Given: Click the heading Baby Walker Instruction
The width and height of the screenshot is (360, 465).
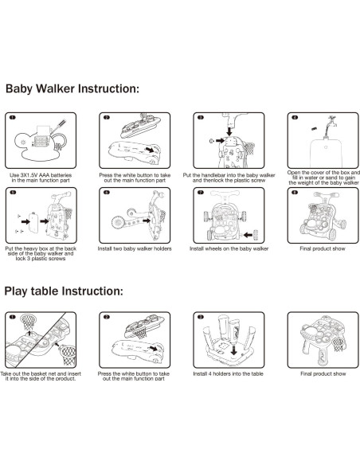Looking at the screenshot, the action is tap(72, 88).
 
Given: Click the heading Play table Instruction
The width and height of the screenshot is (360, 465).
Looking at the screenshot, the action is tap(64, 291).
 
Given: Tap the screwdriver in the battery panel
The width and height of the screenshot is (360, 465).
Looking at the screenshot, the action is tap(59, 126).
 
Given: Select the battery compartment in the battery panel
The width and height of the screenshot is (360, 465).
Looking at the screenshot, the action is tap(41, 141).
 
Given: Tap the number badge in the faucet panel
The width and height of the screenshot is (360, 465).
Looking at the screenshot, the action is tap(295, 117).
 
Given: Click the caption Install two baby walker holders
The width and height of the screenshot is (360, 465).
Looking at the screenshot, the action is tap(135, 248).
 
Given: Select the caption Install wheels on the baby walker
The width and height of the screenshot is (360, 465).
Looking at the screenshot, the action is tap(229, 248).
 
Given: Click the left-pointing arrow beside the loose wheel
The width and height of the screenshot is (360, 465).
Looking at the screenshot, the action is tap(248, 235).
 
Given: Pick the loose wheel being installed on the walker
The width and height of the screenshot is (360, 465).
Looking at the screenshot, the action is tap(256, 234).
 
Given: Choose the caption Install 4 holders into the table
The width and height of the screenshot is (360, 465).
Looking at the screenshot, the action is tap(228, 373).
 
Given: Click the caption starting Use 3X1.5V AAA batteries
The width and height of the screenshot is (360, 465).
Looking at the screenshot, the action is tap(41, 178).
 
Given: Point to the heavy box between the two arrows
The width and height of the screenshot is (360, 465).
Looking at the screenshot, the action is tap(33, 223).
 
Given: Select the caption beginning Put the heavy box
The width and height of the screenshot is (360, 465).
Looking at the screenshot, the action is tap(41, 253).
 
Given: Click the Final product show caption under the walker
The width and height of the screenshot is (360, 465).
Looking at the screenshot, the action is tap(323, 248).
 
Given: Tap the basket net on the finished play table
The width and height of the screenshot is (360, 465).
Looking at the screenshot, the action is tap(338, 343).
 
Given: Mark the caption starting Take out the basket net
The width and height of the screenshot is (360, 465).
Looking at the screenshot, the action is tap(41, 377).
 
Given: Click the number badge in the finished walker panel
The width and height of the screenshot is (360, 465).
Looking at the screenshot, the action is tap(295, 193).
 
